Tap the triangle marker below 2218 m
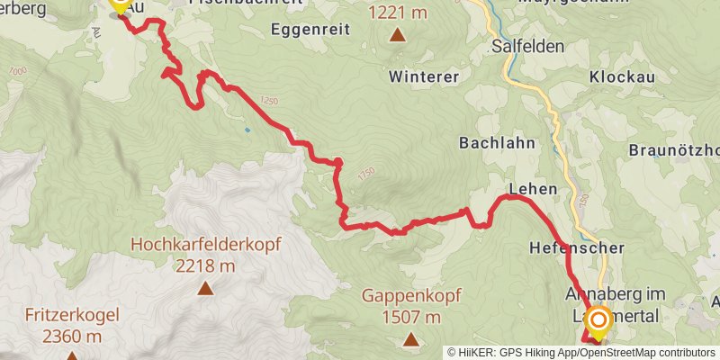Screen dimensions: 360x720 [x=206, y=289]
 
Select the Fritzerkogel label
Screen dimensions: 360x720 [x=71, y=316]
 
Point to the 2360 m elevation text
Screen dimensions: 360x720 [x=71, y=337]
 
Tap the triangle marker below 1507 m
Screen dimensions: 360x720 [x=411, y=339]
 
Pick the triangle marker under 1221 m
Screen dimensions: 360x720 [x=397, y=35]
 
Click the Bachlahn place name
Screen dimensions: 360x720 [x=497, y=143]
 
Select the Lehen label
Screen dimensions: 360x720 [x=533, y=189]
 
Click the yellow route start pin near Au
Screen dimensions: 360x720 [x=119, y=5]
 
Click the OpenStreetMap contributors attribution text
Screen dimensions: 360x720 [x=646, y=353]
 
